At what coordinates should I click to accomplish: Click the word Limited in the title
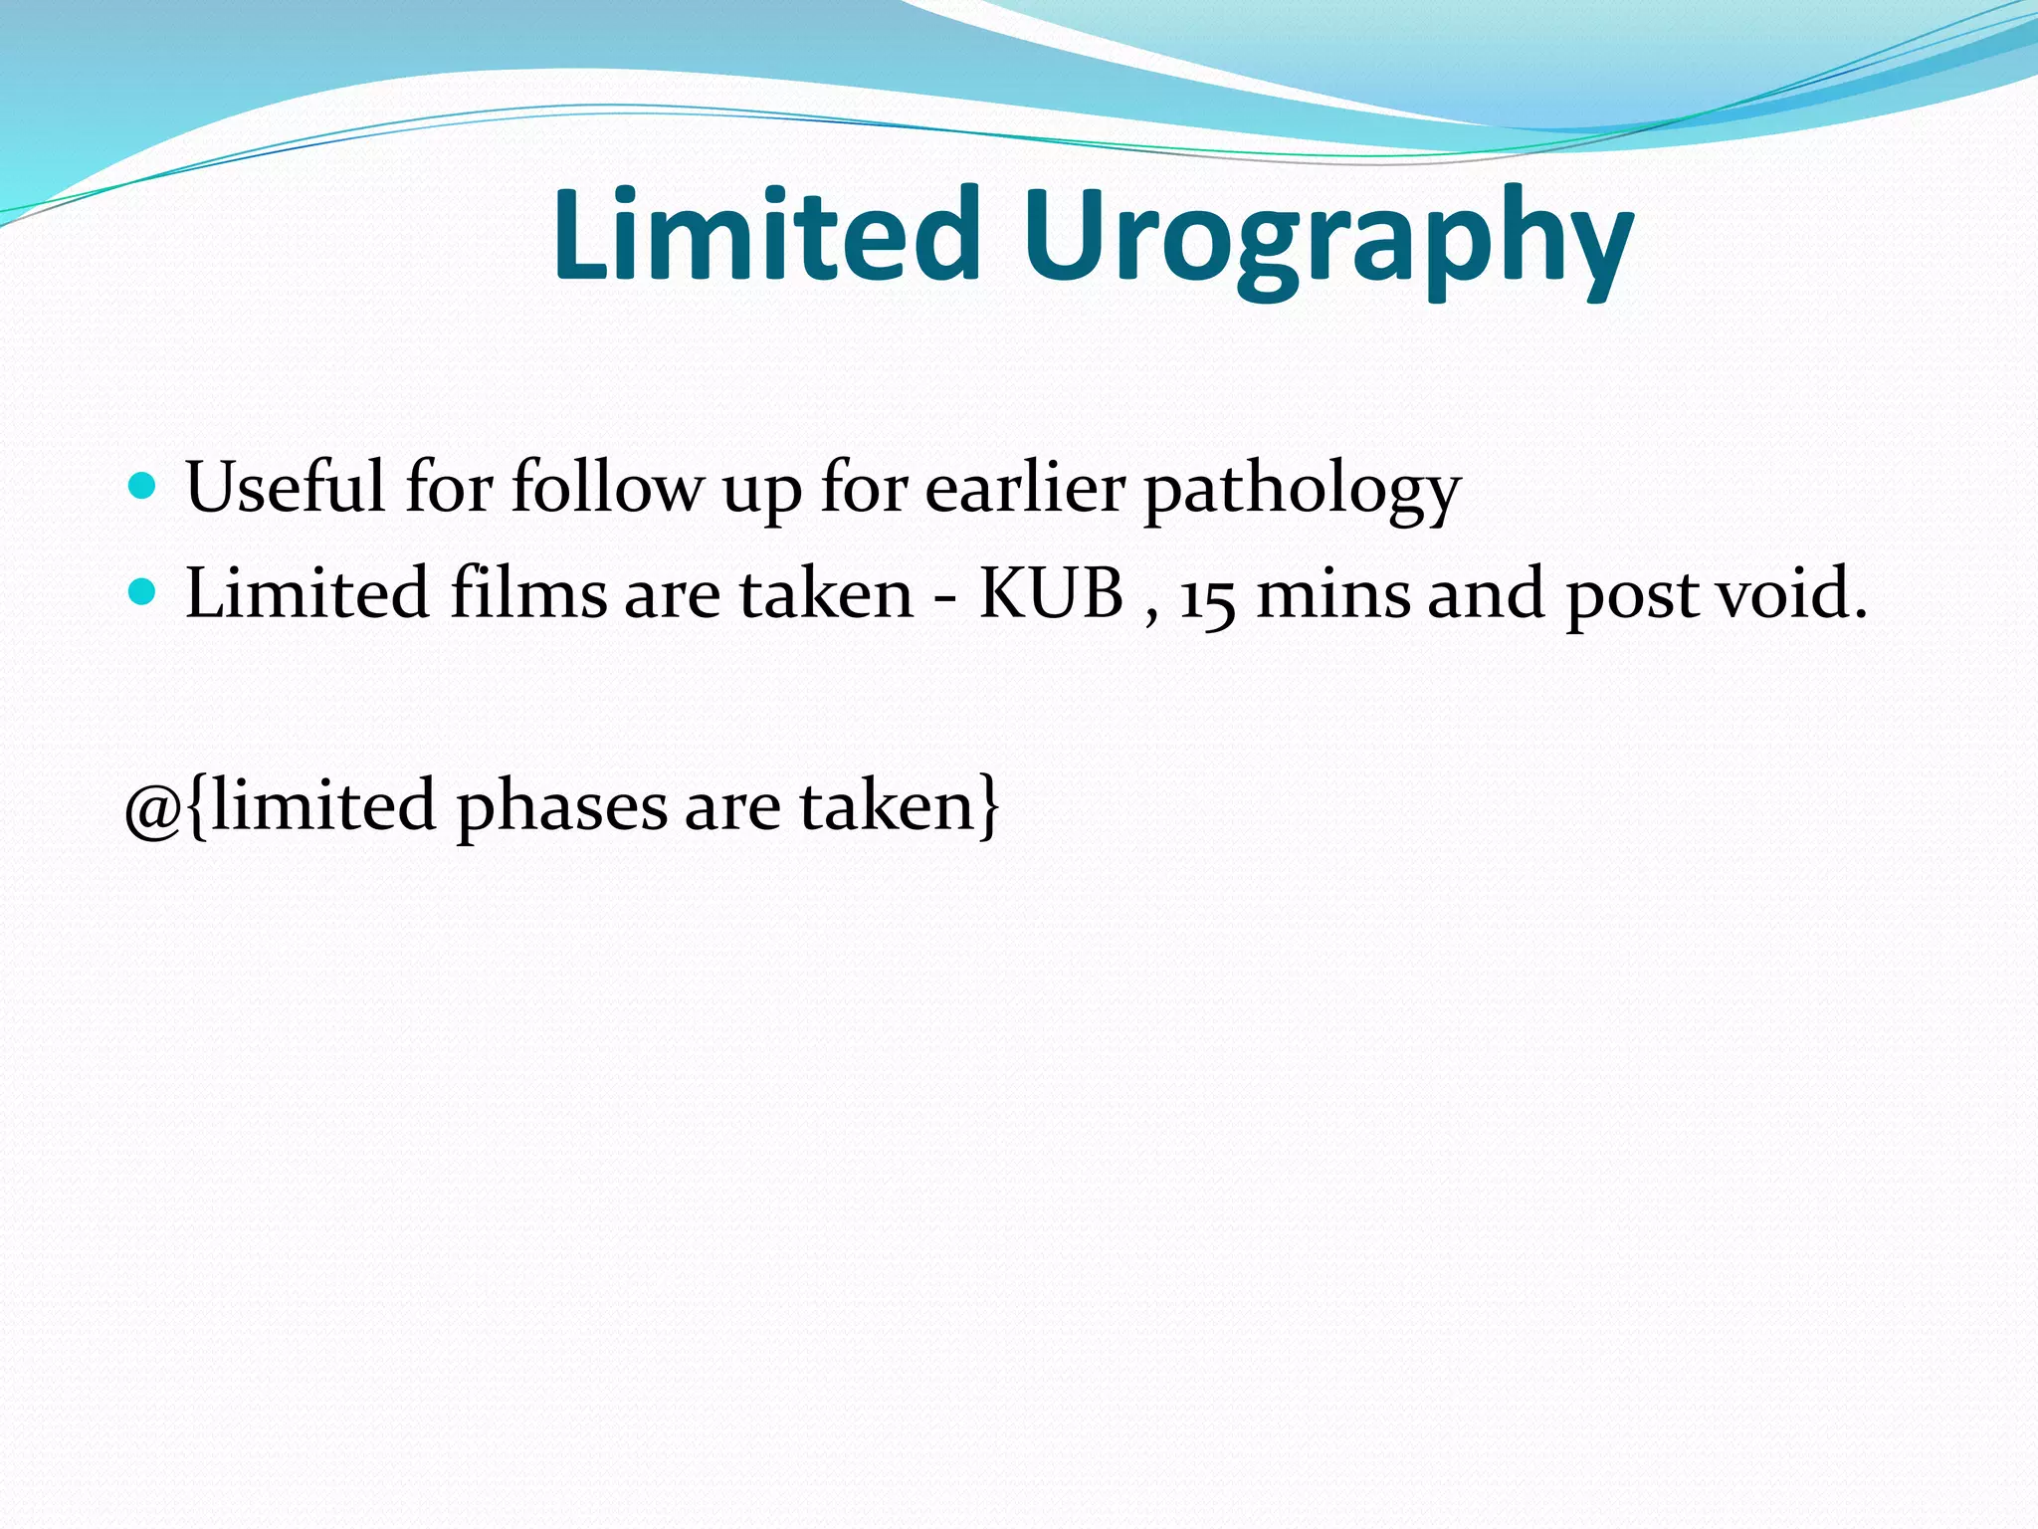(x=766, y=235)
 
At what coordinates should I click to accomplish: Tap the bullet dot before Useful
(x=143, y=487)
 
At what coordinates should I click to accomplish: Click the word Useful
(x=285, y=487)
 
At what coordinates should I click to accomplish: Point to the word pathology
(x=1302, y=491)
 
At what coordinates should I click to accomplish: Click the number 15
(x=1208, y=597)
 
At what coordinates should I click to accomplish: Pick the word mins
(x=1333, y=593)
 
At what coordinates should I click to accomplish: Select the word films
(x=527, y=593)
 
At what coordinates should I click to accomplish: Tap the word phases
(x=561, y=808)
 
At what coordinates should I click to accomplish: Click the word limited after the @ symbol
(x=322, y=804)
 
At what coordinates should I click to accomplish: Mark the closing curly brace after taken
(x=988, y=806)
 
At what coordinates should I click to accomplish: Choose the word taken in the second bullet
(x=825, y=593)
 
